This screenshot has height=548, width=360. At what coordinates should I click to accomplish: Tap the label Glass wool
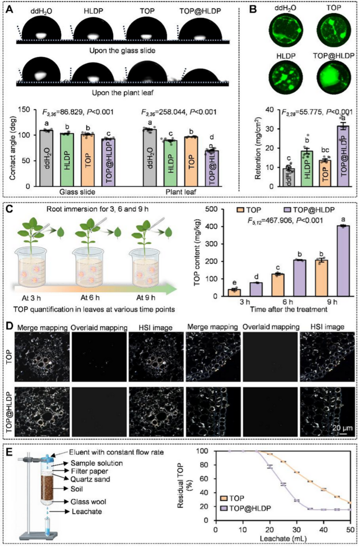point(88,502)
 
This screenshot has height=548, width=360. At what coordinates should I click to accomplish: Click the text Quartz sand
point(90,479)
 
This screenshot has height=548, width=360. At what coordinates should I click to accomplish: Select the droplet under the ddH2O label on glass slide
point(41,29)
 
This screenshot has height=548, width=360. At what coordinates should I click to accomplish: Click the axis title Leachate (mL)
point(283,538)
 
